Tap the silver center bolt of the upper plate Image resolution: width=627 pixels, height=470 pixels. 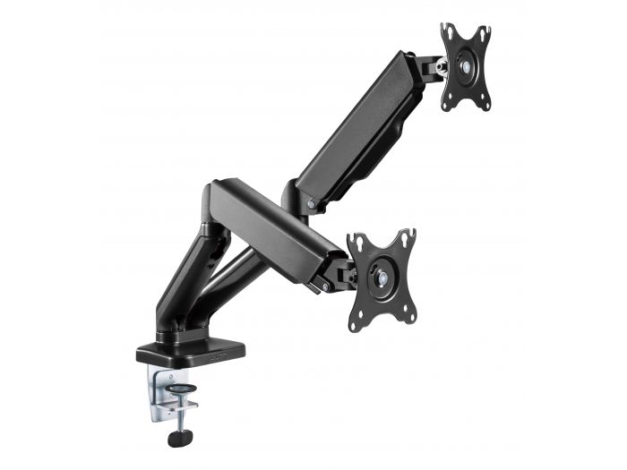coord(465,67)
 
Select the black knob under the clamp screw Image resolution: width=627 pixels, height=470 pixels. coord(176,438)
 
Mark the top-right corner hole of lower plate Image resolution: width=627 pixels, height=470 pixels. coord(410,236)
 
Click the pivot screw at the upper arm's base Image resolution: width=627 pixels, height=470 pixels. coord(310,204)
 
